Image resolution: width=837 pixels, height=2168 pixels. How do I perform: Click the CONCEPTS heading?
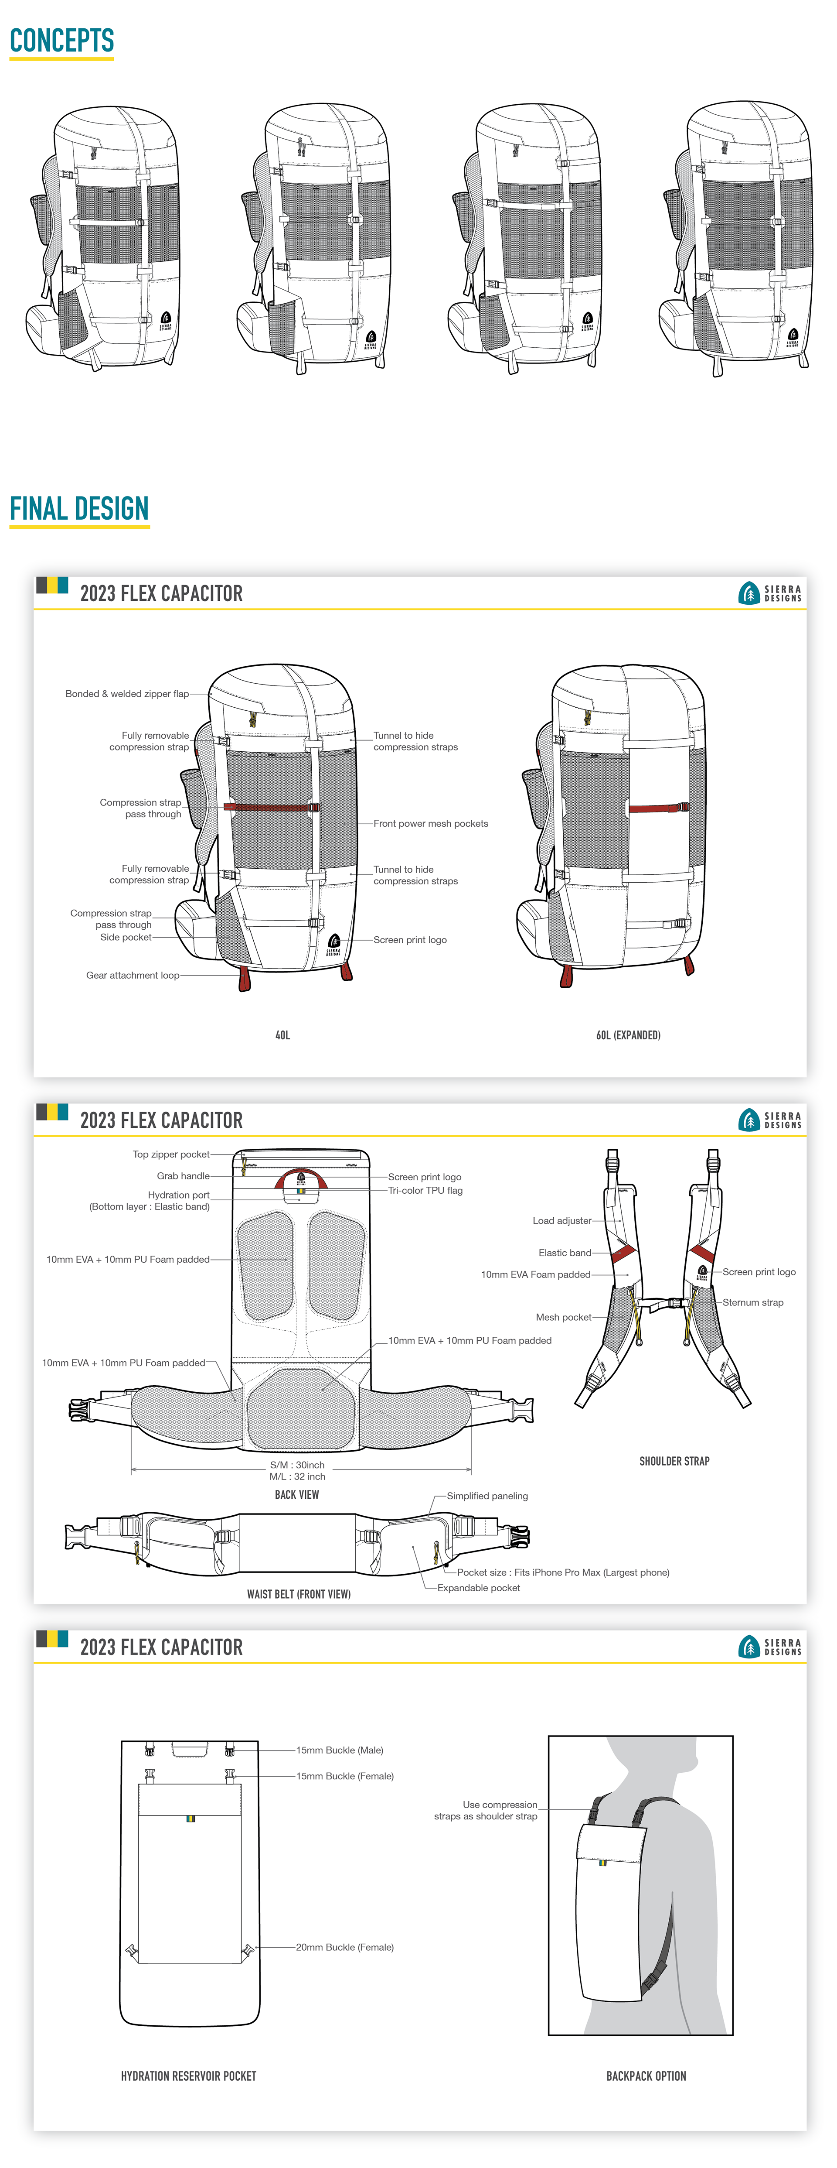click(x=61, y=41)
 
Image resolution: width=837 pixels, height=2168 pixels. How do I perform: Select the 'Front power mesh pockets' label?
click(x=431, y=824)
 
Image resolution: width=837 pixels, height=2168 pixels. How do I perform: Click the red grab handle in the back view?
click(x=300, y=1174)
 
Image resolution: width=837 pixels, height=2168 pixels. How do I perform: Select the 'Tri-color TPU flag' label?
click(x=425, y=1191)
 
